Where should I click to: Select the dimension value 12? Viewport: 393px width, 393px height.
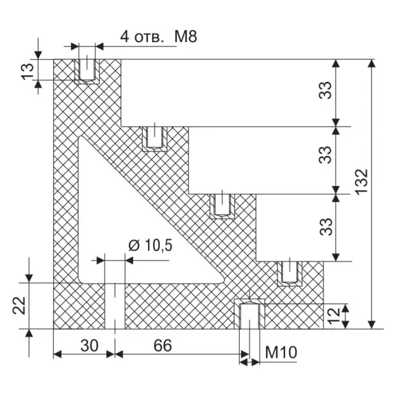pos(333,316)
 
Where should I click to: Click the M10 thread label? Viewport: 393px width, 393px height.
pos(282,354)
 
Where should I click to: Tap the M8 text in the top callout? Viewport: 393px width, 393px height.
pos(185,37)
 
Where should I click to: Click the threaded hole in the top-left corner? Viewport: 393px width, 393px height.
pos(86,69)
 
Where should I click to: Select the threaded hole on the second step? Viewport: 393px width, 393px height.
pos(154,137)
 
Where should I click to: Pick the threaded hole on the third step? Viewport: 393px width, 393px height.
pos(223,204)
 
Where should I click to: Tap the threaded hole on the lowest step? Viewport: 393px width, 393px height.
pos(290,271)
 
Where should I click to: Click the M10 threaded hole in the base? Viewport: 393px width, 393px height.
pos(248,315)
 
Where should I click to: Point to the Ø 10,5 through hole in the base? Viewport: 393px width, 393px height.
pos(115,305)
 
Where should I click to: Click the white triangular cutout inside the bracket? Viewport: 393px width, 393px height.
pos(124,223)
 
